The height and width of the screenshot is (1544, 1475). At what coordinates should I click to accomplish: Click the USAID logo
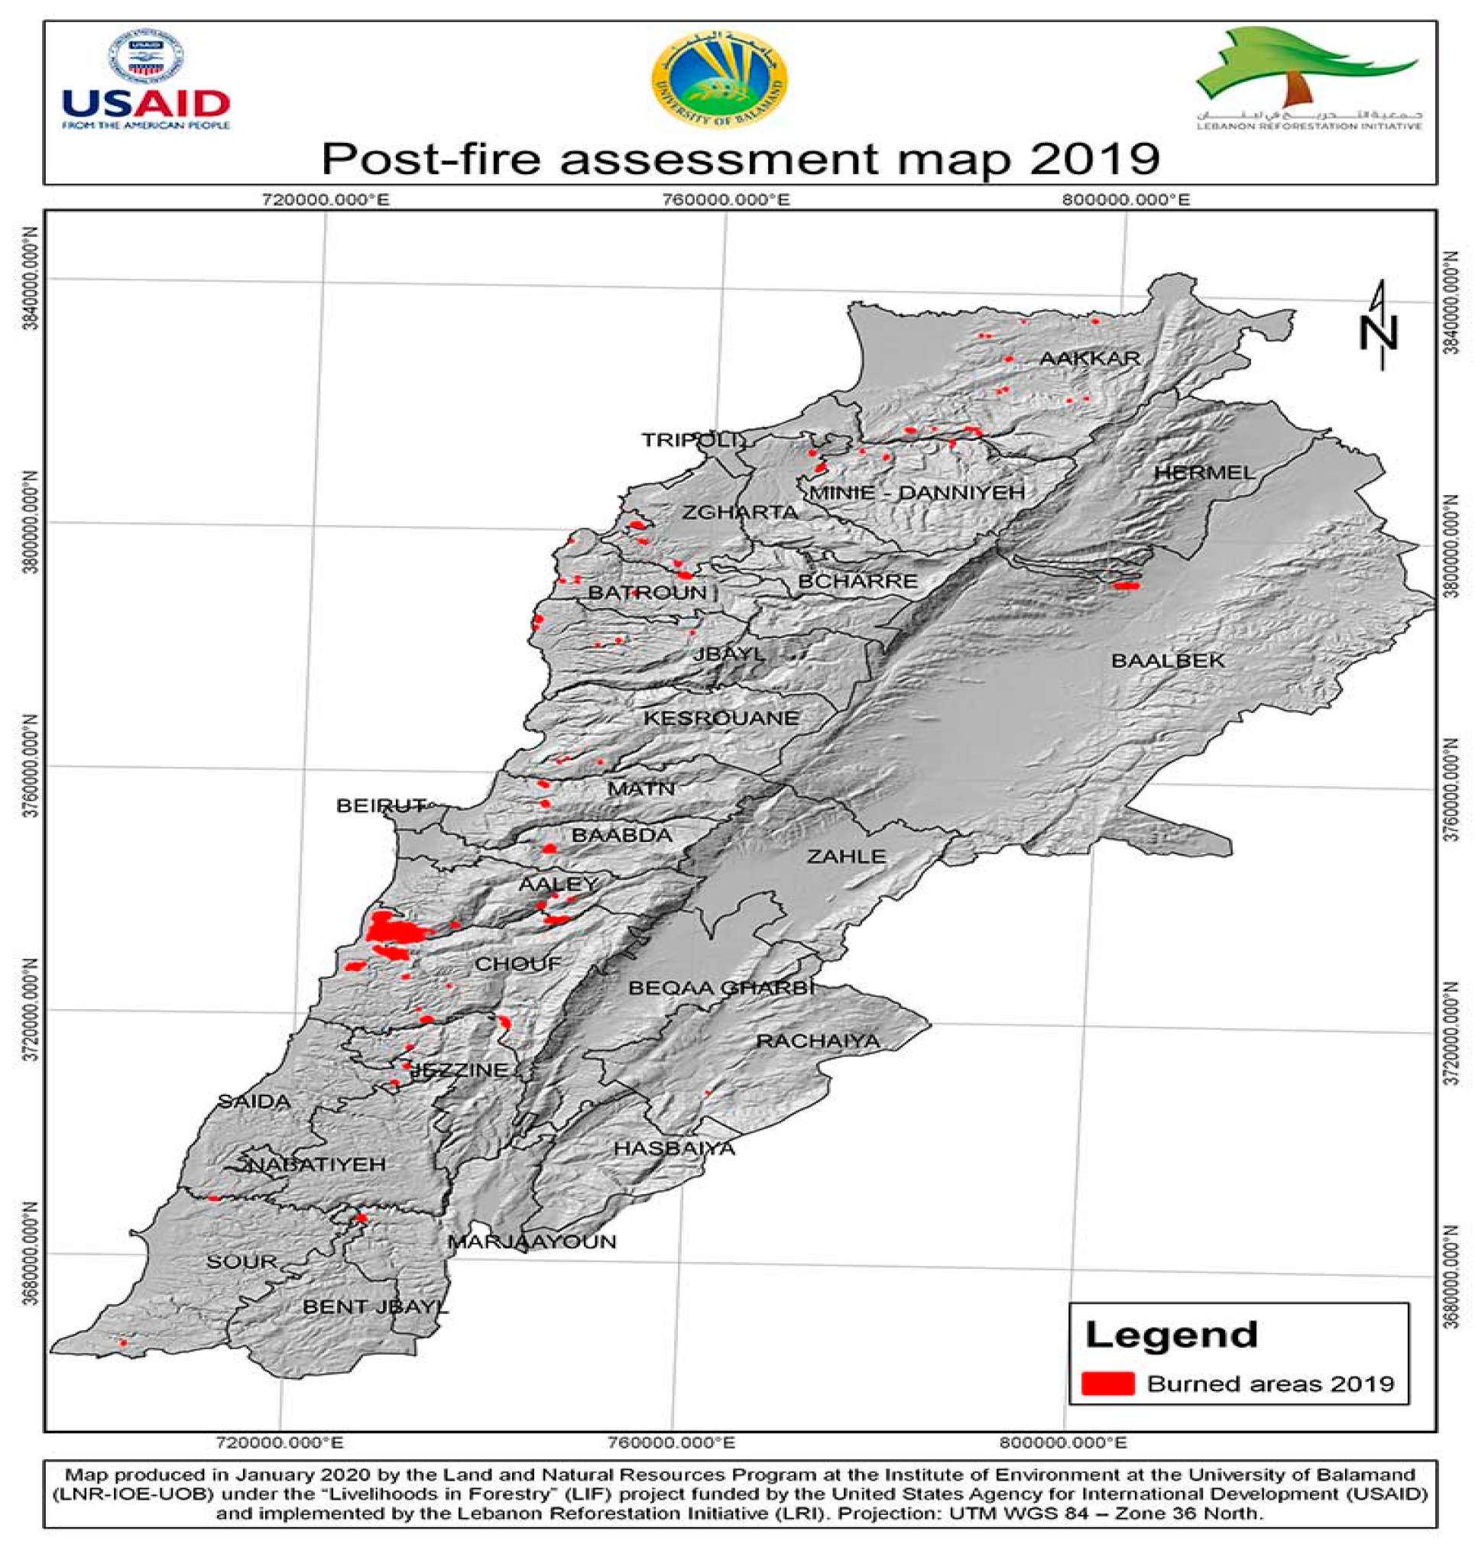[x=146, y=82]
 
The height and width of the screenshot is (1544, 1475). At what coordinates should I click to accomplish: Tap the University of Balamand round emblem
[x=719, y=78]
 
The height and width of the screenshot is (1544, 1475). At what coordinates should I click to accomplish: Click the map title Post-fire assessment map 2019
[x=740, y=158]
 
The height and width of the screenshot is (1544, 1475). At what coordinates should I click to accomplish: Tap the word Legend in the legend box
[x=1172, y=1335]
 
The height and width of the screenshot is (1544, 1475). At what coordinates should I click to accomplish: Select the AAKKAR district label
[x=1090, y=358]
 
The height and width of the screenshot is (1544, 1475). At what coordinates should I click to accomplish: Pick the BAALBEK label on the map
[x=1168, y=660]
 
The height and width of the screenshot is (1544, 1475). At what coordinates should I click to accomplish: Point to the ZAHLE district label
[x=846, y=856]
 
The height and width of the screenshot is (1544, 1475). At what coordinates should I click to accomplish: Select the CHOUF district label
[x=518, y=964]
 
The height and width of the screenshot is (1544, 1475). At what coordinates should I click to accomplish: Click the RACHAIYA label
[x=818, y=1041]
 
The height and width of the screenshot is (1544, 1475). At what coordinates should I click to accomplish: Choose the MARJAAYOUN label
[x=532, y=1241]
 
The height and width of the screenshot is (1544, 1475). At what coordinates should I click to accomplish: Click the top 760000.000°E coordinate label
[x=727, y=199]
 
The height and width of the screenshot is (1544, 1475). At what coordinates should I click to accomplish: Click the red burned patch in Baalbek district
[x=1126, y=585]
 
